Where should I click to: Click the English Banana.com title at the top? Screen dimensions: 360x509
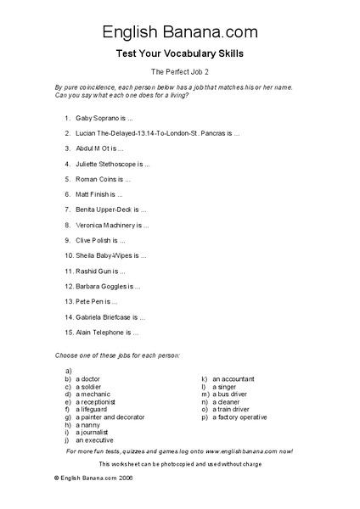coord(180,32)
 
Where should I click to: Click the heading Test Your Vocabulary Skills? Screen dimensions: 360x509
coord(180,53)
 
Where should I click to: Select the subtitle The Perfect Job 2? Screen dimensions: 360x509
coord(179,72)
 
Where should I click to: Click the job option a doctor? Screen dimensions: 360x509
coord(89,378)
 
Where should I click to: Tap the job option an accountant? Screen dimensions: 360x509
coord(234,378)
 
